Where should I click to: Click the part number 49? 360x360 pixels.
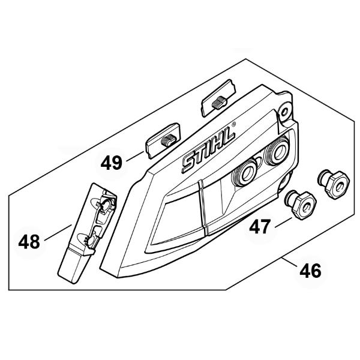point(112,163)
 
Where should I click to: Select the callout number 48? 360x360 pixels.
point(29,242)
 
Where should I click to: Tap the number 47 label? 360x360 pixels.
point(260,227)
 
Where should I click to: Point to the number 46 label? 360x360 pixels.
point(310,271)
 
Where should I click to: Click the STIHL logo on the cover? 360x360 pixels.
point(208,149)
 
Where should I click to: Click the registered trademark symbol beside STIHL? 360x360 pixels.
point(233,124)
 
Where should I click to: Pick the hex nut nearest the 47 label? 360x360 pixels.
point(301,205)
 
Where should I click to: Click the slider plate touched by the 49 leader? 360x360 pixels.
point(163,140)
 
